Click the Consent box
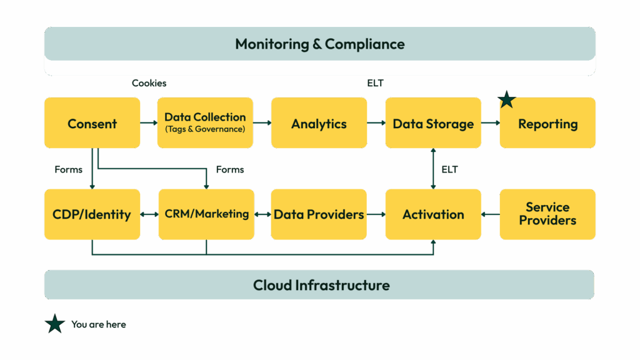coord(92,123)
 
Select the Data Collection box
coord(205,122)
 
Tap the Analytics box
coord(319,123)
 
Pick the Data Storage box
coord(433,123)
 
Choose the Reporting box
coord(547,123)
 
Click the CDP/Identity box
coord(92,214)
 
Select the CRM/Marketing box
coord(206,214)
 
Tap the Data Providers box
coord(319,214)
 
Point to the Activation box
coord(433,214)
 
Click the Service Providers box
coord(547,214)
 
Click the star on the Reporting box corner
coord(506,99)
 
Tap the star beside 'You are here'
coord(55,324)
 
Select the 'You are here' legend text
coord(99,324)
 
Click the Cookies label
coord(149,83)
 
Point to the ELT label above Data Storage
coord(375,83)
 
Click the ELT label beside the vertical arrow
coord(449,169)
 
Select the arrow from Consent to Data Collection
coord(149,123)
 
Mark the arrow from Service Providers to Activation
coord(491,214)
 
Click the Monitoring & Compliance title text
coord(320,44)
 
